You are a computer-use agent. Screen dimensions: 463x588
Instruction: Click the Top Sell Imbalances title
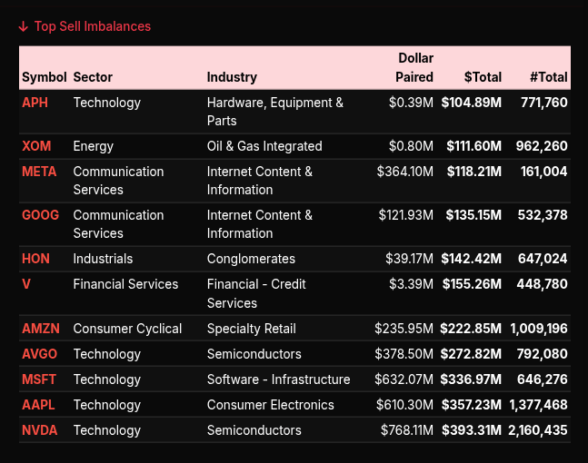point(92,26)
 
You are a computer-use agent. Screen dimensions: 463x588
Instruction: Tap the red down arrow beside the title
point(24,26)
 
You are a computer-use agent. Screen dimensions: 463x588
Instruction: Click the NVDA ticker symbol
point(39,430)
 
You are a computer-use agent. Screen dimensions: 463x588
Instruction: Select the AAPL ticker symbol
point(38,405)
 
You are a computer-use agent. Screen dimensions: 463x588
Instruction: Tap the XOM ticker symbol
point(36,146)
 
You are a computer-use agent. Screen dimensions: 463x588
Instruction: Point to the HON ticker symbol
point(35,259)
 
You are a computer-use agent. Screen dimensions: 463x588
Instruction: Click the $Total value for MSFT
point(471,379)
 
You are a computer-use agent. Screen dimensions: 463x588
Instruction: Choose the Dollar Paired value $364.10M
point(404,172)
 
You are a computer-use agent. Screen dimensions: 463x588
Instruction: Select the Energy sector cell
point(94,146)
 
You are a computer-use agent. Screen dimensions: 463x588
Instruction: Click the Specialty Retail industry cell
point(252,329)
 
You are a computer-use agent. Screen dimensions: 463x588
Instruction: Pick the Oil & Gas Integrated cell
point(264,146)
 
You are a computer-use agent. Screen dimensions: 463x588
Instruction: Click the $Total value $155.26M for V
point(471,284)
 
